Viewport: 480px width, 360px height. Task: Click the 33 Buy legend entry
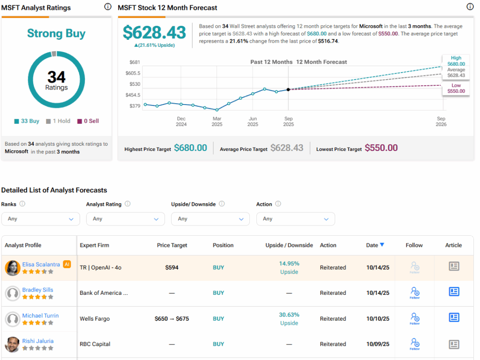click(x=27, y=121)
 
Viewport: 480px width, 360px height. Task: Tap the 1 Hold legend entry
click(x=59, y=121)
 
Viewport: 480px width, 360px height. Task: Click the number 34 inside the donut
click(x=56, y=76)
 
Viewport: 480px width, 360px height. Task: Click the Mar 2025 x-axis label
click(x=217, y=121)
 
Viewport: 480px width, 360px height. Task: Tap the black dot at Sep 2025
click(x=288, y=90)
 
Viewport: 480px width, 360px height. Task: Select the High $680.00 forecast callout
click(x=456, y=61)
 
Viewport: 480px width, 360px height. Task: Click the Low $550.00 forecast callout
click(x=456, y=88)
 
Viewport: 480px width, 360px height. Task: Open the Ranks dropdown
click(x=40, y=219)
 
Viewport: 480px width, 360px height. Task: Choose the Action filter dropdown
click(x=295, y=219)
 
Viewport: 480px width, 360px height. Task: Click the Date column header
click(x=375, y=245)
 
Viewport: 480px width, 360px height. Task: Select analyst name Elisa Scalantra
click(x=41, y=264)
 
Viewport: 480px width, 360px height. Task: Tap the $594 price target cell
click(x=172, y=268)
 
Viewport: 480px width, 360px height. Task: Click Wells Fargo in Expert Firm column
click(x=95, y=319)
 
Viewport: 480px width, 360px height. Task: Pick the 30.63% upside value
click(x=289, y=315)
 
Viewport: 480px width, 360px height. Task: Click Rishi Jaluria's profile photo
click(x=12, y=344)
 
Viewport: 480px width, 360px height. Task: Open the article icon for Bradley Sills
click(x=453, y=292)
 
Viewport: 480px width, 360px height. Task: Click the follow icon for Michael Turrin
click(x=414, y=318)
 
